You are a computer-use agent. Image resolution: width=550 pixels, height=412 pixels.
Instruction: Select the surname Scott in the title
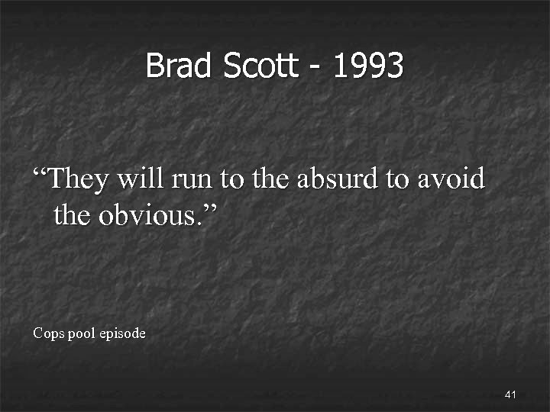[x=260, y=66]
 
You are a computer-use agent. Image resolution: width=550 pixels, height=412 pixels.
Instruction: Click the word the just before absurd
[x=270, y=179]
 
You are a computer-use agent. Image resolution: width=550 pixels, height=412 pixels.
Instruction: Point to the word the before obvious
[x=73, y=215]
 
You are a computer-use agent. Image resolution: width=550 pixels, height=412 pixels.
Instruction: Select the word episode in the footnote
[x=122, y=334]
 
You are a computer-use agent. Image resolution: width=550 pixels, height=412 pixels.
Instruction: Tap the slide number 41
[x=511, y=394]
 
